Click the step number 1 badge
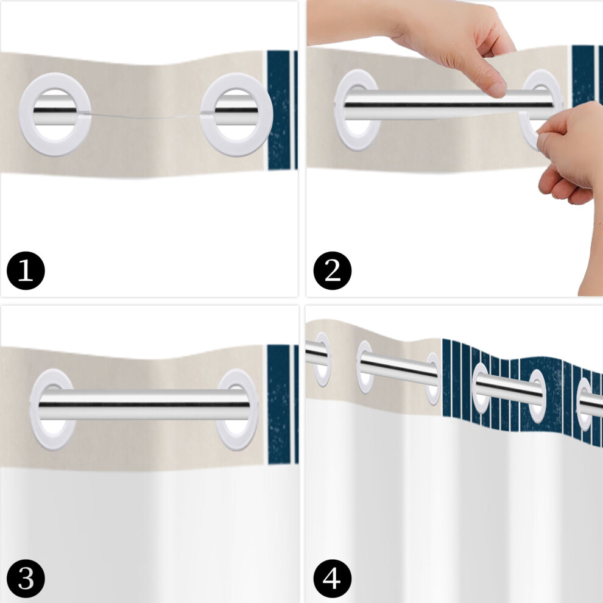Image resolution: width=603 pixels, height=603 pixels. tap(26, 270)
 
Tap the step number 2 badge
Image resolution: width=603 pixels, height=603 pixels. tap(333, 270)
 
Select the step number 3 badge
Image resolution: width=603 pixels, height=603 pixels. tap(26, 579)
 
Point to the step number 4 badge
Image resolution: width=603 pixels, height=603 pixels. tap(333, 579)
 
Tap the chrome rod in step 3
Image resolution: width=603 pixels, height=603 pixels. tap(144, 404)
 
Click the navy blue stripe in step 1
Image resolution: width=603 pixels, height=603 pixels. tap(279, 110)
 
